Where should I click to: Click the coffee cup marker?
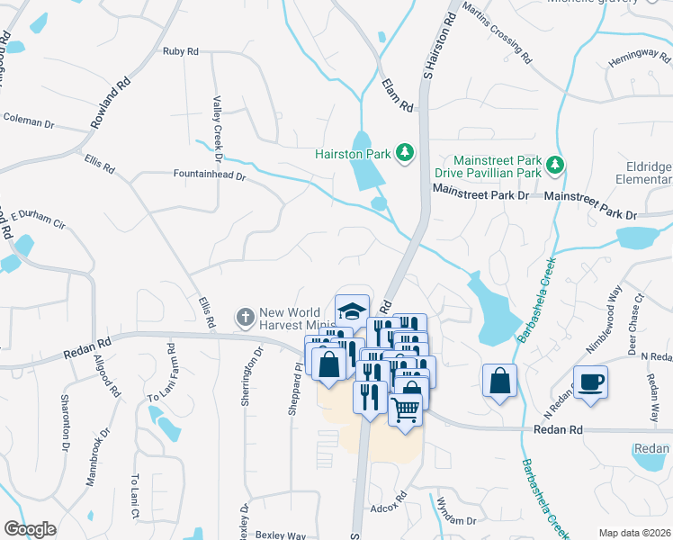590,382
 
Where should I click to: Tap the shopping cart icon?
406,409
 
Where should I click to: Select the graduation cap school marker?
352,310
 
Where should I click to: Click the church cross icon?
244,317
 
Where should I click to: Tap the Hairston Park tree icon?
406,153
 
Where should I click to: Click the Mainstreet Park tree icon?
556,164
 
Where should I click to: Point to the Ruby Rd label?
181,51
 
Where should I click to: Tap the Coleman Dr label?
28,119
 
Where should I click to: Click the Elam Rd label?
406,94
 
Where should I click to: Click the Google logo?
30,529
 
